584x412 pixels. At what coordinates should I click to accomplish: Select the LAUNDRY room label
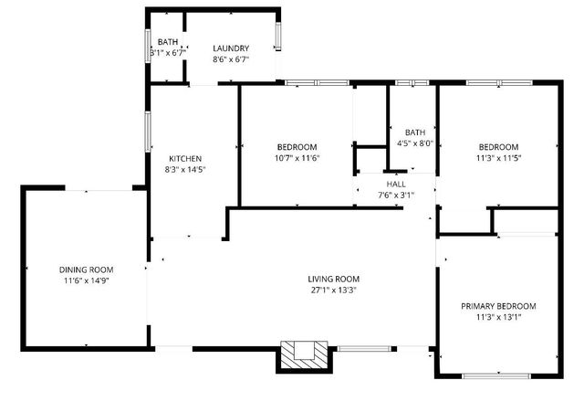point(230,48)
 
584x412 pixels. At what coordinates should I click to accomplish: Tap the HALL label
point(395,183)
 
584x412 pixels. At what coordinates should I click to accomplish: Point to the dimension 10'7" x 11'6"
point(297,159)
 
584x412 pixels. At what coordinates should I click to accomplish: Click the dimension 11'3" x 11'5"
point(498,159)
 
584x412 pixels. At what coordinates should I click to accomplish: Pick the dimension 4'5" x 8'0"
point(415,143)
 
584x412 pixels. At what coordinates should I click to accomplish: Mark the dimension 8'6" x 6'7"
point(230,59)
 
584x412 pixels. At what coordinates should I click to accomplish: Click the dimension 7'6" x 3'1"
point(395,194)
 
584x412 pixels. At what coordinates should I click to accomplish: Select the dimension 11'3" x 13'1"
point(498,318)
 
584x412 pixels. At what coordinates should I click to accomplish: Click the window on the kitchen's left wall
point(149,131)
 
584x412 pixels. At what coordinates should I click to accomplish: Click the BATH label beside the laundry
point(168,42)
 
